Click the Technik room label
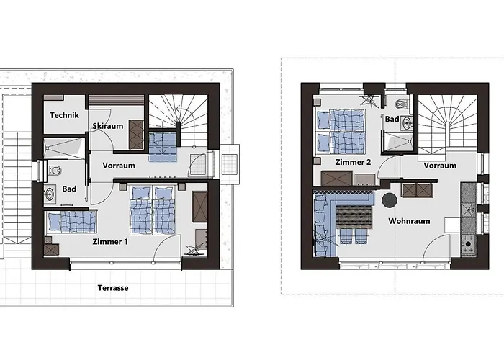coord(64,115)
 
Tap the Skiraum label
coord(108,126)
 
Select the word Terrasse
coord(113,288)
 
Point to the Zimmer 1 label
coord(110,242)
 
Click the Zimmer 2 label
coord(353,162)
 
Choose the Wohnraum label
coord(409,221)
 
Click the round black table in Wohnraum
coord(390,200)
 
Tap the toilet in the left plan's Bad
coord(55,170)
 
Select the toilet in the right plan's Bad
coord(401,104)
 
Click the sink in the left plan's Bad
coord(50,194)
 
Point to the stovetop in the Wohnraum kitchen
coord(468,244)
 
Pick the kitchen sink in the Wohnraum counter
coord(468,210)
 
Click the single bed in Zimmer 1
coord(71,222)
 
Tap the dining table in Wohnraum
coord(354,217)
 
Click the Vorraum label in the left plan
coord(119,166)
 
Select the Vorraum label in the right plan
coord(440,166)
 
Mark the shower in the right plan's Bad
coord(398,142)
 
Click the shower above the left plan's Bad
coord(64,148)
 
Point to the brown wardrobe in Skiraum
coord(136,135)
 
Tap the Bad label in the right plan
coord(392,120)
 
